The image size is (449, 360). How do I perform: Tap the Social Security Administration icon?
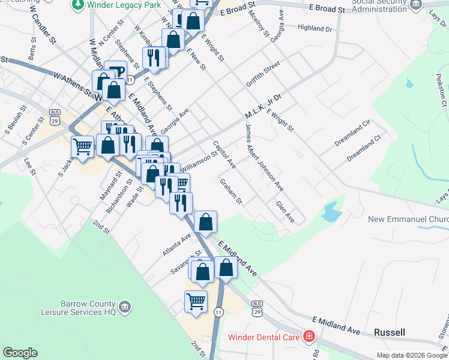pos(416,6)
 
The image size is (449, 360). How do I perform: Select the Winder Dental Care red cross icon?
pos(309,337)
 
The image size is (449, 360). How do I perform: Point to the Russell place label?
pos(389,332)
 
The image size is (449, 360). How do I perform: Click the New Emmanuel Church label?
pos(408,220)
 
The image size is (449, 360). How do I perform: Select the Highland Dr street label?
pos(315,28)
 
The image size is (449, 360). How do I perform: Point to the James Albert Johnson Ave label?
pos(264,157)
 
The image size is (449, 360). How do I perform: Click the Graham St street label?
pos(231,191)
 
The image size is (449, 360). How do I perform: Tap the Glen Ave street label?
pos(285,211)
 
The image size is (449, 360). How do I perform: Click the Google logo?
pos(20,353)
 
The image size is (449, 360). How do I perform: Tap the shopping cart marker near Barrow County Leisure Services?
pos(196,302)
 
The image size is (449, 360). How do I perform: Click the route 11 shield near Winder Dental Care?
pos(218,312)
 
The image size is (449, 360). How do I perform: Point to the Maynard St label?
pos(110,187)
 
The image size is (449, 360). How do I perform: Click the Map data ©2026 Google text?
pos(411,355)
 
